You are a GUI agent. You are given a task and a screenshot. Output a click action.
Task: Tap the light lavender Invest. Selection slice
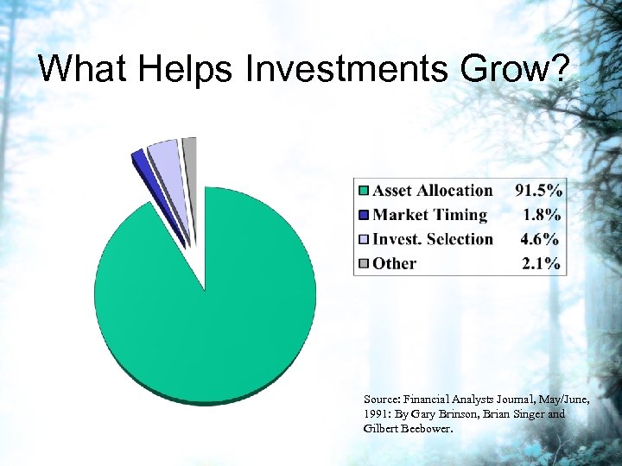point(164,155)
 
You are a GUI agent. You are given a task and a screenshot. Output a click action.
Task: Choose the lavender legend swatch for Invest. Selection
point(364,240)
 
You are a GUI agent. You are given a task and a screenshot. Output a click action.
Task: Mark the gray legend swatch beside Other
point(364,264)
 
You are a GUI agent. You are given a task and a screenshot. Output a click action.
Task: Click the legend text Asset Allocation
point(432,191)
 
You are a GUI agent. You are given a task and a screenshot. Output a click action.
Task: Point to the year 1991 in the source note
point(377,414)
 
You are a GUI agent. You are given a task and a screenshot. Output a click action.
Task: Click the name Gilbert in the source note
point(381,428)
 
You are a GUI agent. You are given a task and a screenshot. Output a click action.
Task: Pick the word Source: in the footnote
point(383,400)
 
